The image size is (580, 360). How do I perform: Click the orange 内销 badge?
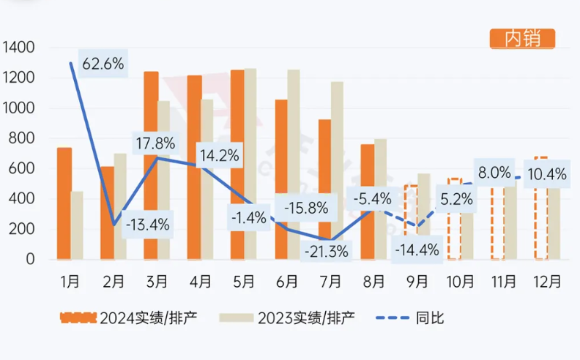tap(521, 38)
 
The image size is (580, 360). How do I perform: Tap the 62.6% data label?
tap(103, 64)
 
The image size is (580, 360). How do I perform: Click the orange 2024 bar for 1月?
tap(64, 203)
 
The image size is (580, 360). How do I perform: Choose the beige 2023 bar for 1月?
tap(77, 225)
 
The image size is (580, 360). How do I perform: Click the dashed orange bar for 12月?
tap(541, 220)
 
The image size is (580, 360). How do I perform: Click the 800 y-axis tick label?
tap(21, 138)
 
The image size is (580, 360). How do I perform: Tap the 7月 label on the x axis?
tap(330, 280)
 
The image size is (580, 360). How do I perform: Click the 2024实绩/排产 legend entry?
tap(129, 318)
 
